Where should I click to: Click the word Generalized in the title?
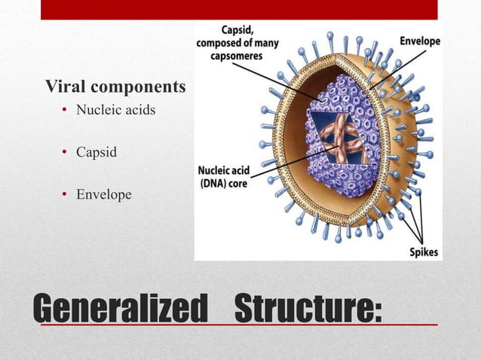(121, 309)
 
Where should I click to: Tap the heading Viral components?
(115, 87)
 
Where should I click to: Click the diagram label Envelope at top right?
(420, 41)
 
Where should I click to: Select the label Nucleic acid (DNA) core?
(224, 175)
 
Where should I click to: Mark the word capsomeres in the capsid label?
(237, 54)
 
